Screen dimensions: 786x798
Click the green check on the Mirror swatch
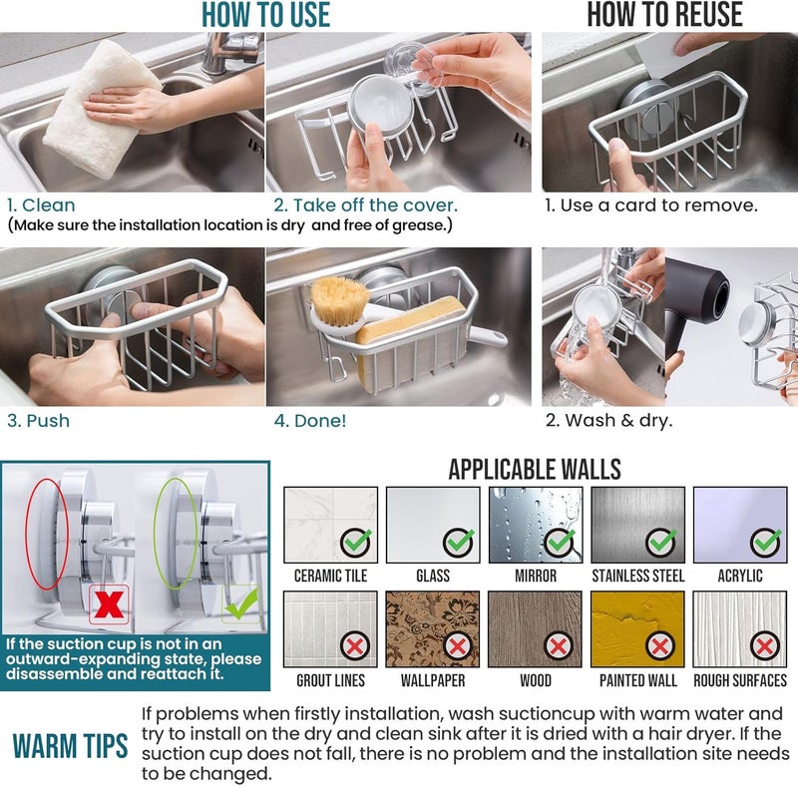point(559,543)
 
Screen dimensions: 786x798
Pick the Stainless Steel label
point(637,576)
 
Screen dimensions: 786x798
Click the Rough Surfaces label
point(739,680)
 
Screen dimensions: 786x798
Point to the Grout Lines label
point(330,680)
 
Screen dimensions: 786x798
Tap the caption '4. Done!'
point(310,420)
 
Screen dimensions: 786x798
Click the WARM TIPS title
point(70,746)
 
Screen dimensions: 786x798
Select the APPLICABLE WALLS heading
point(534,469)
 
